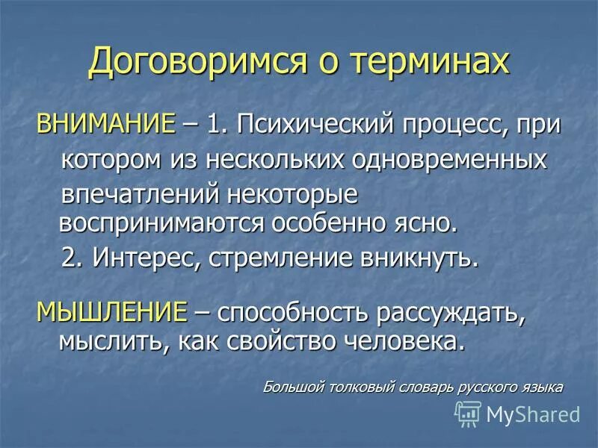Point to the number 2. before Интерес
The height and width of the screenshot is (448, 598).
click(x=73, y=258)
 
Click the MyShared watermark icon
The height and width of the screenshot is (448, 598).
click(x=469, y=412)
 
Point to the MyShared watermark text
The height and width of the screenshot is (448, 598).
click(x=533, y=413)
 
